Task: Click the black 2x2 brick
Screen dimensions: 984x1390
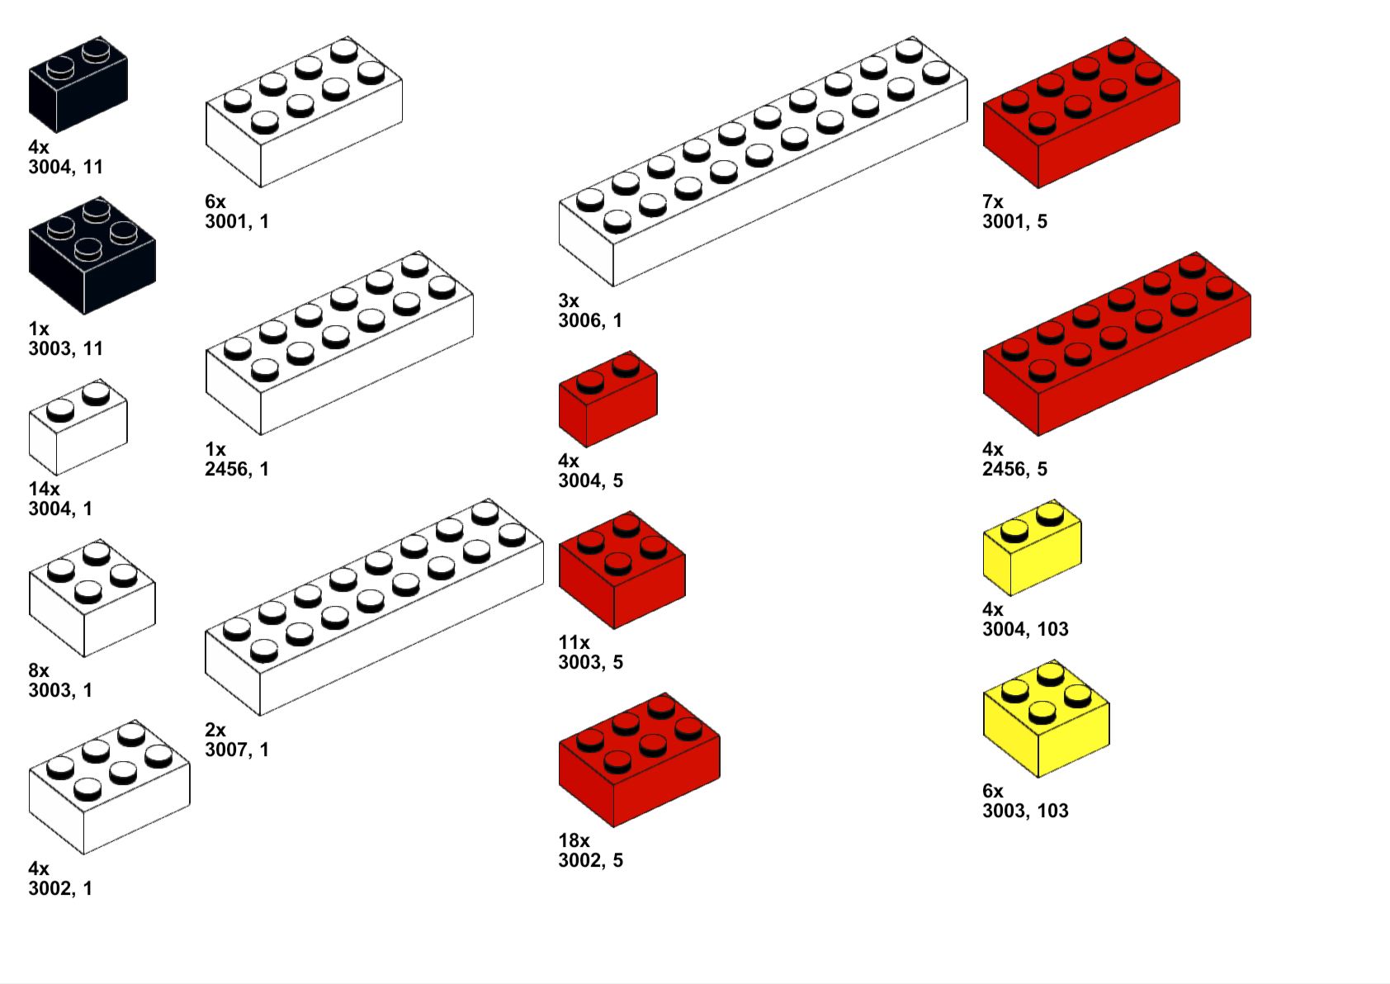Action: (91, 256)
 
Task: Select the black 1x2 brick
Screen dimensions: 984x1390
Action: (78, 86)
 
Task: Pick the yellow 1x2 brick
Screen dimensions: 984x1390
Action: (1032, 548)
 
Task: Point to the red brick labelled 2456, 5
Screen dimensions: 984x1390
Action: (1116, 345)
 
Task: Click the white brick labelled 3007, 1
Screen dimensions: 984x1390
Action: (373, 608)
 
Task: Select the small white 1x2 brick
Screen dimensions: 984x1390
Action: (78, 428)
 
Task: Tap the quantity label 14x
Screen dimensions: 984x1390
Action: (44, 489)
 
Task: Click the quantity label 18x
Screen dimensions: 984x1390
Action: (574, 840)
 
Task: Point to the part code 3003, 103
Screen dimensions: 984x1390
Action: (1025, 811)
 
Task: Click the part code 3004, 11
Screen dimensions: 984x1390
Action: (65, 167)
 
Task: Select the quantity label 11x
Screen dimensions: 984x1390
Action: (574, 642)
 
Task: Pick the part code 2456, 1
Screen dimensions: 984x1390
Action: (237, 469)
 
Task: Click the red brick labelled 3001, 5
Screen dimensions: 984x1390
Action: (1080, 113)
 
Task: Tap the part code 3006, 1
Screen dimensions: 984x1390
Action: (590, 320)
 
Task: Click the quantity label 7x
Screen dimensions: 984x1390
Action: (992, 201)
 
